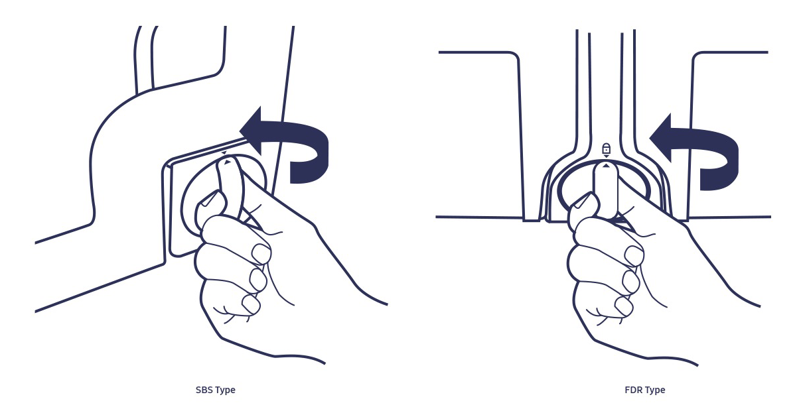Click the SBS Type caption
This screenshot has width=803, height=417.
point(216,390)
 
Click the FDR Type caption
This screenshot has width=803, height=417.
point(644,390)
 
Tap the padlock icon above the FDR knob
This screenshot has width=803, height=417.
point(606,148)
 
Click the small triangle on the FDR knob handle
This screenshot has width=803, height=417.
point(606,166)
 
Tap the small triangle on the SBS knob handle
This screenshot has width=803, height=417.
point(227,162)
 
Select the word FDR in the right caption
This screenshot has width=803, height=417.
point(632,389)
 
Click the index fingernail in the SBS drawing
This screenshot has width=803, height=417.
point(261,254)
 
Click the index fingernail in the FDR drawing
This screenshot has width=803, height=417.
point(634,256)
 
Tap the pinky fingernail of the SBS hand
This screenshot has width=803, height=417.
point(251,304)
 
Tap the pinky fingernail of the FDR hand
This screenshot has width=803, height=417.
point(624,307)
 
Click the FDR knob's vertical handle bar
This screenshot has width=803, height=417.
point(606,190)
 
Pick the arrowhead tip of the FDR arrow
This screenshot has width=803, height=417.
point(650,138)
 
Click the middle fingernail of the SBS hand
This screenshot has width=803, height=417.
point(258,280)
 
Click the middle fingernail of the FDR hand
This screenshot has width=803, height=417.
point(631,282)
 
